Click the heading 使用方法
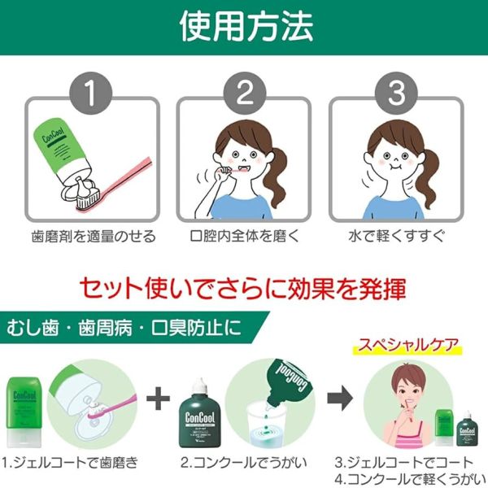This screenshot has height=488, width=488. (x=243, y=26)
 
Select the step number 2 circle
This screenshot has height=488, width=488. (x=244, y=94)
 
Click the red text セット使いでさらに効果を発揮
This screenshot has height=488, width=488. (x=243, y=289)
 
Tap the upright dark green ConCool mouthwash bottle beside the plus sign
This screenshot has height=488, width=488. (x=198, y=415)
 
